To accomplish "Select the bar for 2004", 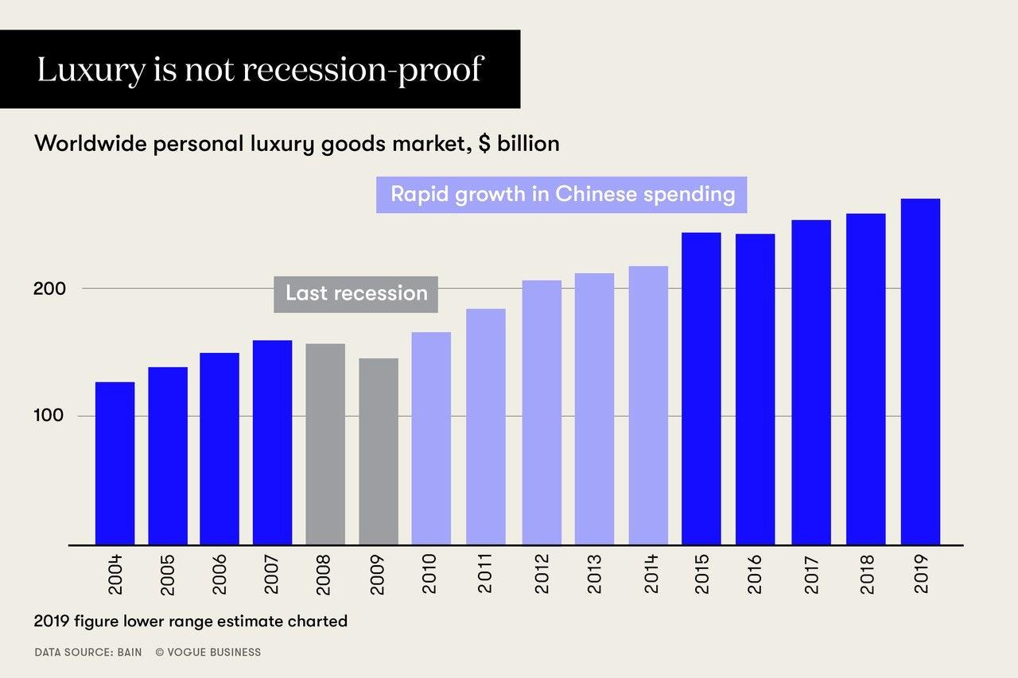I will [x=115, y=463].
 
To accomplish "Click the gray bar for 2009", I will [x=379, y=451].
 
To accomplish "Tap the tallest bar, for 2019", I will [x=920, y=372].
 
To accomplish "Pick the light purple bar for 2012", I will [x=542, y=413].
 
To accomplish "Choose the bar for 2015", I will [x=701, y=389].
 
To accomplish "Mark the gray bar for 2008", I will [x=325, y=444].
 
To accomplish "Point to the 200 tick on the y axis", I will [x=49, y=289].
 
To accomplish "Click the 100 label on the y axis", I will [x=49, y=416].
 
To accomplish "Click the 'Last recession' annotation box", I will [x=356, y=293].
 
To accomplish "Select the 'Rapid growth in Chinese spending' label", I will [x=562, y=195].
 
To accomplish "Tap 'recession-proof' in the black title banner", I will [x=362, y=70].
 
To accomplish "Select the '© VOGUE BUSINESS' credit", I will [x=208, y=653].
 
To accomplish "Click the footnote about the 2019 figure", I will [x=191, y=621].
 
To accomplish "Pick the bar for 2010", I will [x=431, y=439].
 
